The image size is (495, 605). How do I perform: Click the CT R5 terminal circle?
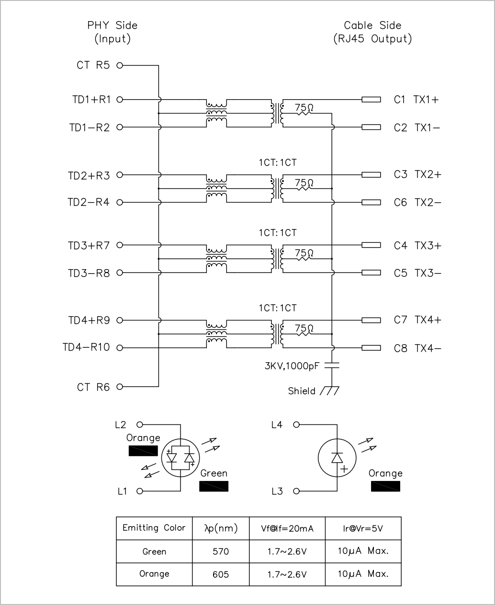tap(120, 66)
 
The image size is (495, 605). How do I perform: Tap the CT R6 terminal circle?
tap(120, 387)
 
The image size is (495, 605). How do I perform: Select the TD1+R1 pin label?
tap(91, 100)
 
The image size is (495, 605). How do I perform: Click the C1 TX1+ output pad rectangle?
tap(371, 100)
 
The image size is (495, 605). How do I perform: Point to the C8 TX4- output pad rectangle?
tap(371, 348)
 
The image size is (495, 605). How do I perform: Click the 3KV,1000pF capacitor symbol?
tap(332, 365)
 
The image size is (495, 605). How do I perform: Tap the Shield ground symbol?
tap(330, 391)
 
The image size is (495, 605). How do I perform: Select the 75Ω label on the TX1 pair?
tap(304, 107)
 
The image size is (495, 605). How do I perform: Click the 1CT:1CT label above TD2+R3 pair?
tap(278, 163)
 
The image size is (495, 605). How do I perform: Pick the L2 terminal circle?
tap(140, 424)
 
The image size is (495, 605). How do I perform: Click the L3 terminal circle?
tap(297, 491)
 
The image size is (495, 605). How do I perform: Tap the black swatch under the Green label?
tap(214, 486)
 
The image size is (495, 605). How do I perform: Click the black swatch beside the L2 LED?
tap(143, 451)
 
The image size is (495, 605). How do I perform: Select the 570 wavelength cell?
tap(221, 551)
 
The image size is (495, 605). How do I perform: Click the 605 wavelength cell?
tap(221, 574)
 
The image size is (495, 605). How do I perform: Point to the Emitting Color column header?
tap(154, 528)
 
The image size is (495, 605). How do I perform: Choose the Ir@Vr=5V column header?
tap(363, 528)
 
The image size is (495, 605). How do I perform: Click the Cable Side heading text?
tap(372, 25)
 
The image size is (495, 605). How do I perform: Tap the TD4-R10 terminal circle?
tap(120, 348)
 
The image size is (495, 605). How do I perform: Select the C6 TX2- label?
tap(417, 203)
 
